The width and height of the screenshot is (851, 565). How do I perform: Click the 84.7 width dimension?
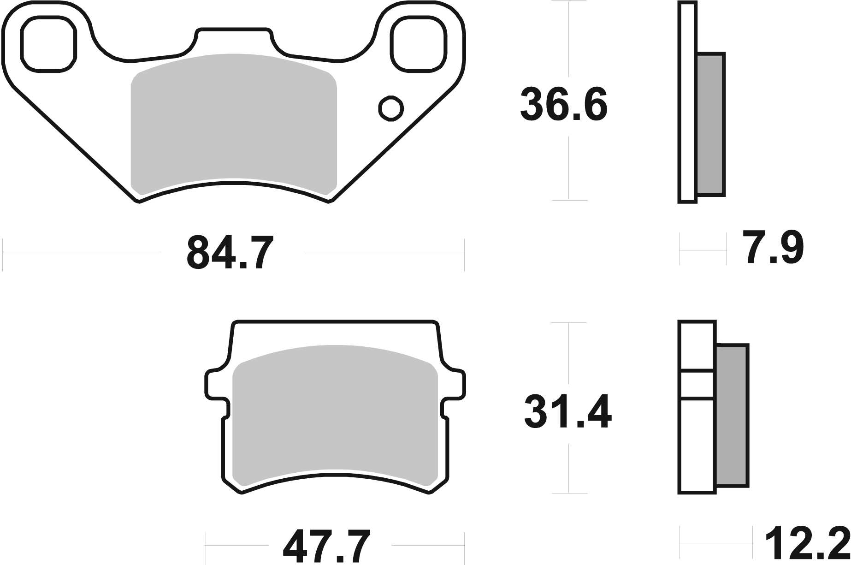(x=230, y=253)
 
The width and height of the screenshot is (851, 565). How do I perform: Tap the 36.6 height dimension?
(x=563, y=106)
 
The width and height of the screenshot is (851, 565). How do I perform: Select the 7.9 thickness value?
(x=774, y=250)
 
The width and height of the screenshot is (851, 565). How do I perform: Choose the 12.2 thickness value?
(x=807, y=547)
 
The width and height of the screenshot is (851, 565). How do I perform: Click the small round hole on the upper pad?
(x=391, y=109)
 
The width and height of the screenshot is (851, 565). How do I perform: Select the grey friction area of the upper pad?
(x=234, y=125)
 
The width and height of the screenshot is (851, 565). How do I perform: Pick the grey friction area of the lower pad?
(x=335, y=415)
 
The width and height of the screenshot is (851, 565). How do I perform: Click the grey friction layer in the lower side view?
(x=732, y=415)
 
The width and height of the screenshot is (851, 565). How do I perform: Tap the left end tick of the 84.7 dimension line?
(x=3, y=253)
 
